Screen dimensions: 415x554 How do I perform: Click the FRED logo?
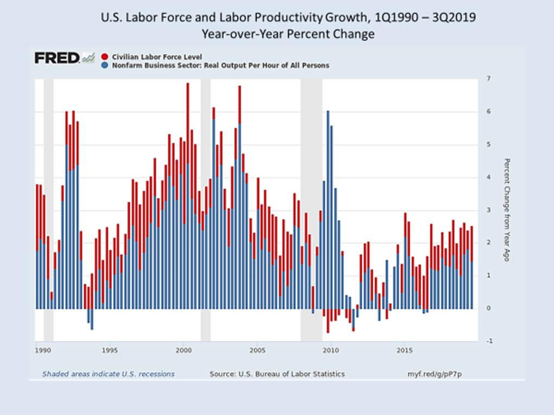57,58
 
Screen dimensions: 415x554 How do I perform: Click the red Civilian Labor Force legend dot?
105,56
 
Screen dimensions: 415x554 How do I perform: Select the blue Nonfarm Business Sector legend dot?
105,65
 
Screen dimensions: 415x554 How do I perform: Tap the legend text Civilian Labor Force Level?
156,56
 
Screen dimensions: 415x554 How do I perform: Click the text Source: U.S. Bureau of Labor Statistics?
277,374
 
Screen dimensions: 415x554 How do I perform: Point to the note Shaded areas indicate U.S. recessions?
109,374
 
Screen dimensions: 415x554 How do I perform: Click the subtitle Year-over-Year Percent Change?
288,34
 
